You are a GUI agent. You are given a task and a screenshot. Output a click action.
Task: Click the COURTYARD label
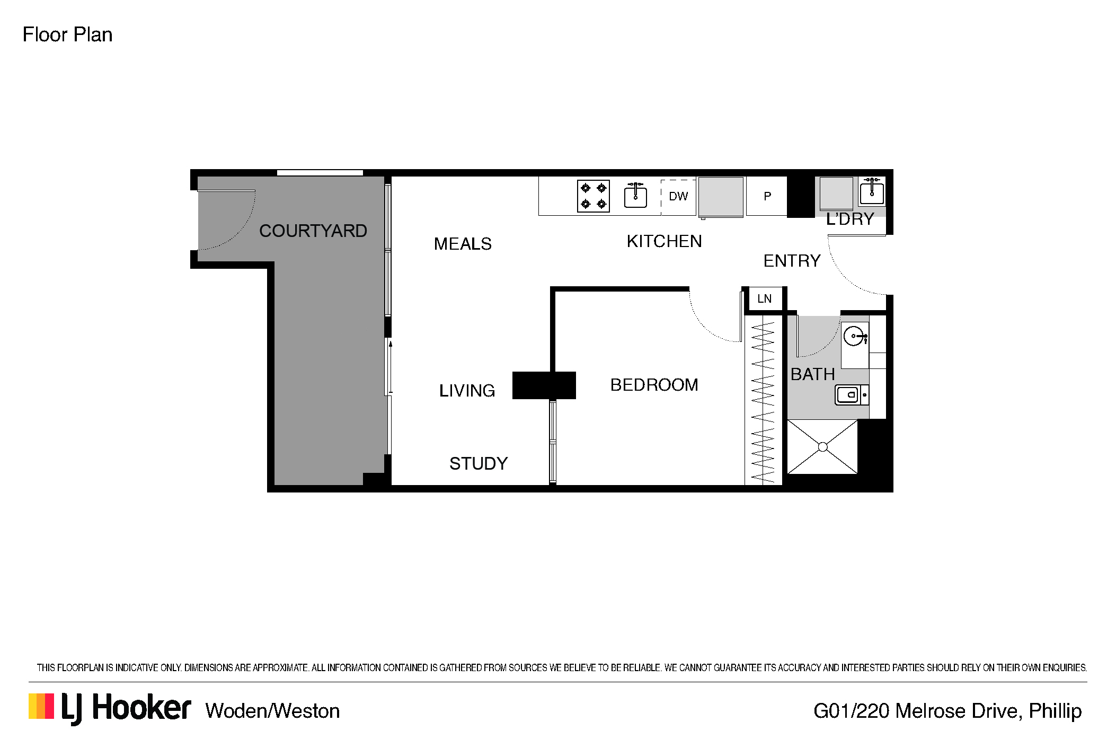tap(313, 231)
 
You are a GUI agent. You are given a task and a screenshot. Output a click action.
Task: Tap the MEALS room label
tap(463, 244)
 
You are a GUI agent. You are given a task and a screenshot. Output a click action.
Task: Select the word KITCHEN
tap(664, 241)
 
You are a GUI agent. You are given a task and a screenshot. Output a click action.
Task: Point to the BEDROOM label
tap(654, 384)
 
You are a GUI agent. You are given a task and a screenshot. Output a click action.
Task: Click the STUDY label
tap(479, 464)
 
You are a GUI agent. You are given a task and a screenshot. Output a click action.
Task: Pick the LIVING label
tap(467, 391)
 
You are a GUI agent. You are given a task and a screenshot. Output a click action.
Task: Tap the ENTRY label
tap(792, 261)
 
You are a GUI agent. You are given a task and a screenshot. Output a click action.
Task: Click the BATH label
tap(812, 374)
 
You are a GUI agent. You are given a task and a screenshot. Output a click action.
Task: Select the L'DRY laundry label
tap(850, 219)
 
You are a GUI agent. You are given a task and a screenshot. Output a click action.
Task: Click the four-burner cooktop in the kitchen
tap(594, 196)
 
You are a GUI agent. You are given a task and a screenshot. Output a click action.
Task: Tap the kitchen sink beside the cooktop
tap(635, 195)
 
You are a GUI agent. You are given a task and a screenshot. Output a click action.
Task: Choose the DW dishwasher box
tap(678, 197)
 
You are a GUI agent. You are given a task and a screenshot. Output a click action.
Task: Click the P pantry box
tap(767, 196)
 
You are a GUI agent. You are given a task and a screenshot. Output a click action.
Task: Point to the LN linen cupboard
tap(764, 299)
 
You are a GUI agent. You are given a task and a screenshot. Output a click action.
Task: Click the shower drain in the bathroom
tap(822, 447)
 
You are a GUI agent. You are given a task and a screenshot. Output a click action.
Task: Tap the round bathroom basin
tap(854, 336)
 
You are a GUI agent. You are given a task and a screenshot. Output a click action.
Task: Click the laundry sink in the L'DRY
tap(871, 191)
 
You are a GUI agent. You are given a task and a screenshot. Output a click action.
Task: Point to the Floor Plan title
tap(67, 35)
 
